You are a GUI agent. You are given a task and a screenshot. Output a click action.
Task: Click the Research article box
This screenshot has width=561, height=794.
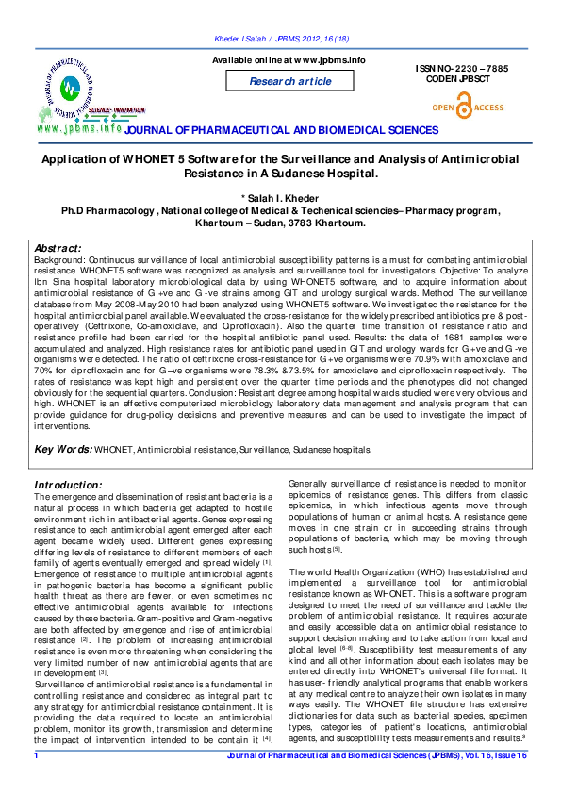289,81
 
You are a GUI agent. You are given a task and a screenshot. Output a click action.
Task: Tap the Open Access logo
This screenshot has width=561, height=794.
467,108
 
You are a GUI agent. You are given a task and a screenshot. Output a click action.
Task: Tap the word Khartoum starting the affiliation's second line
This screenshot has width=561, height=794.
223,223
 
